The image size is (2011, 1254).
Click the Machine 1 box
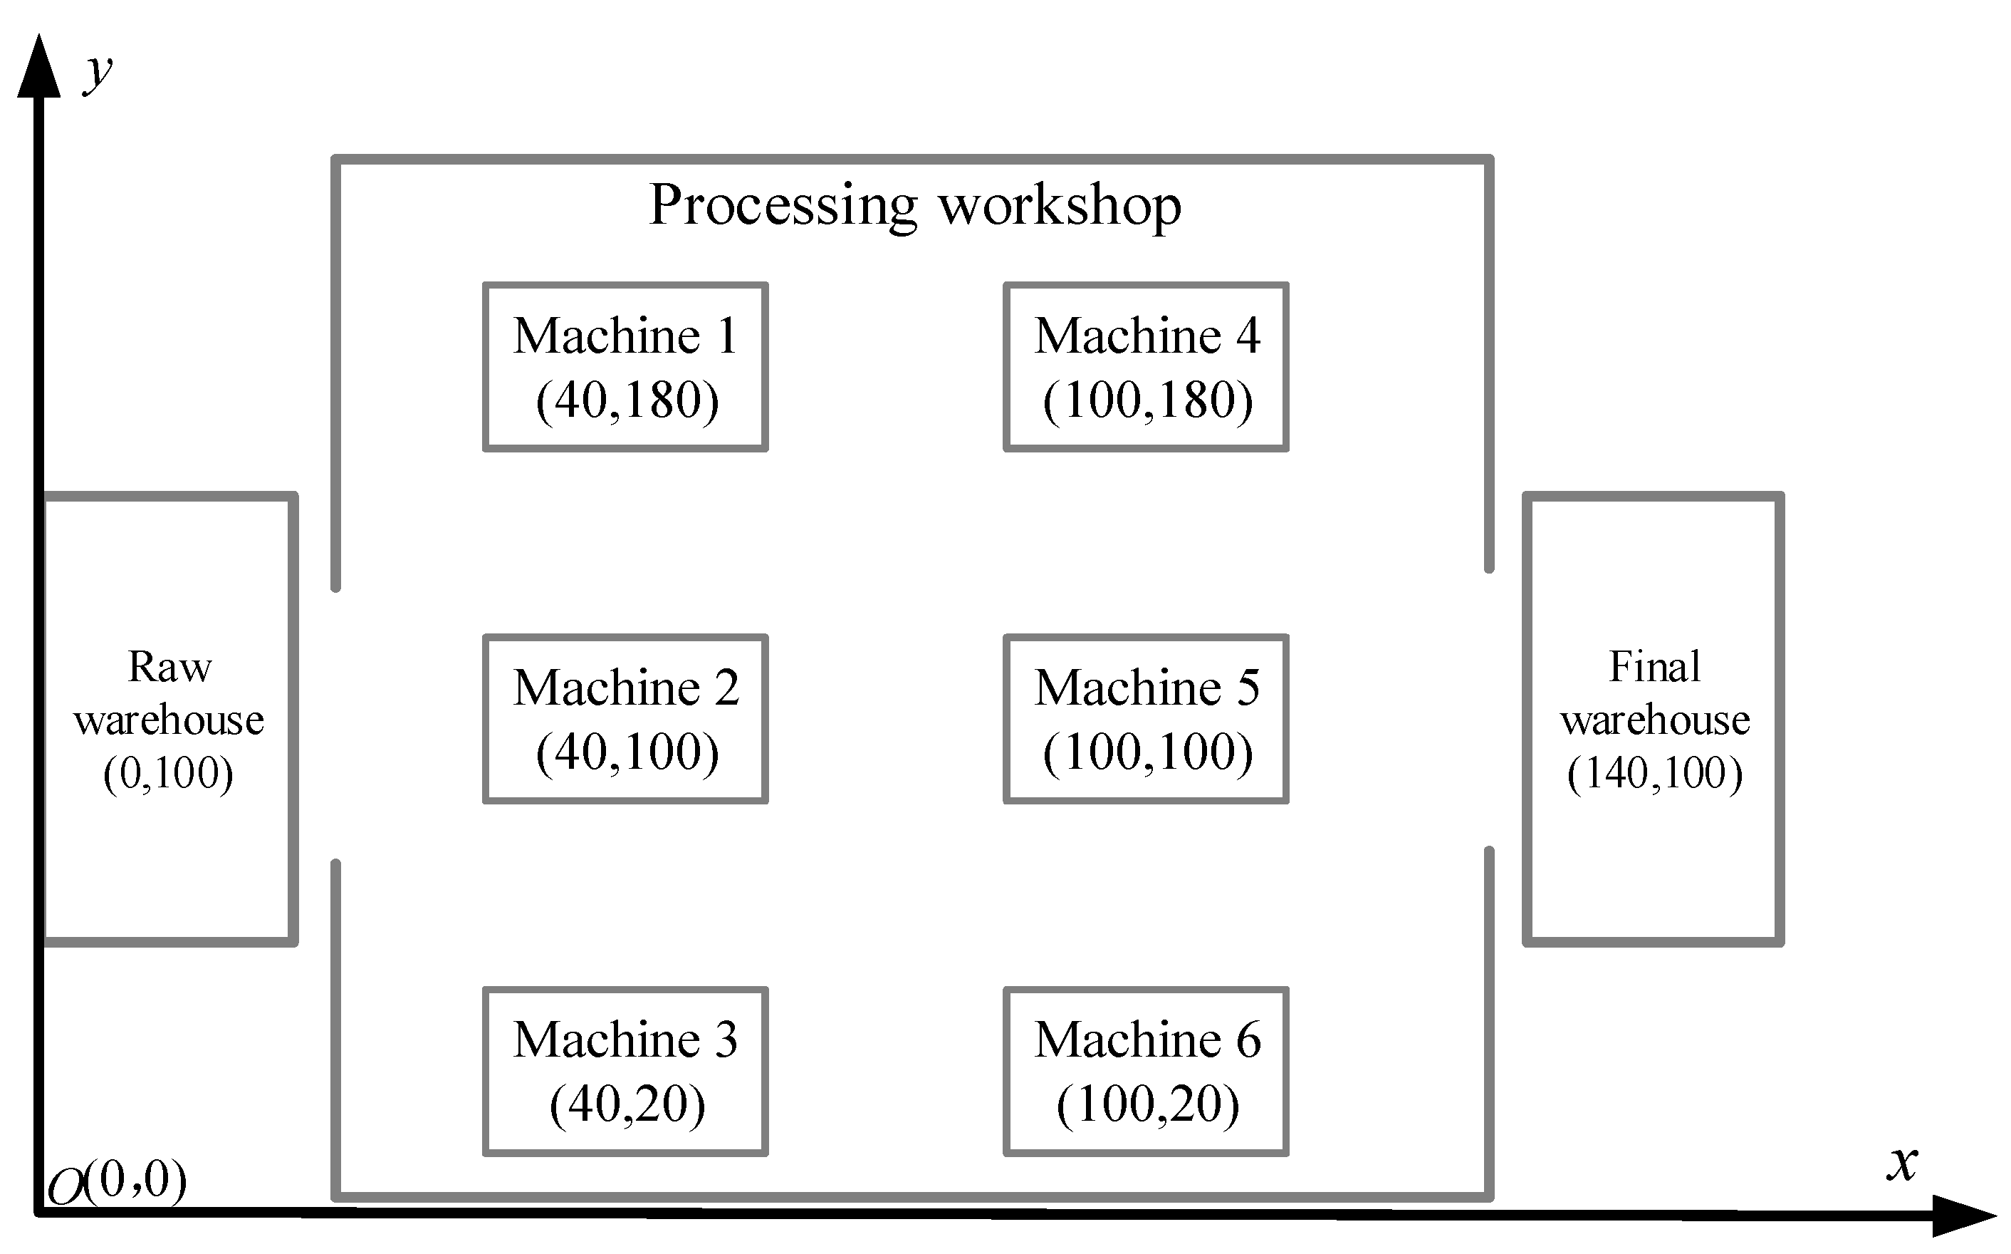625,368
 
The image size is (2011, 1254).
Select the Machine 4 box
1146,368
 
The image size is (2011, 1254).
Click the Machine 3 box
625,1071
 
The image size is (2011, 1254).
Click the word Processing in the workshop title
783,206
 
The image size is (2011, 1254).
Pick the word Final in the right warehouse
1654,667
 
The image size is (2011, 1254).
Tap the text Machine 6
1147,1040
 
